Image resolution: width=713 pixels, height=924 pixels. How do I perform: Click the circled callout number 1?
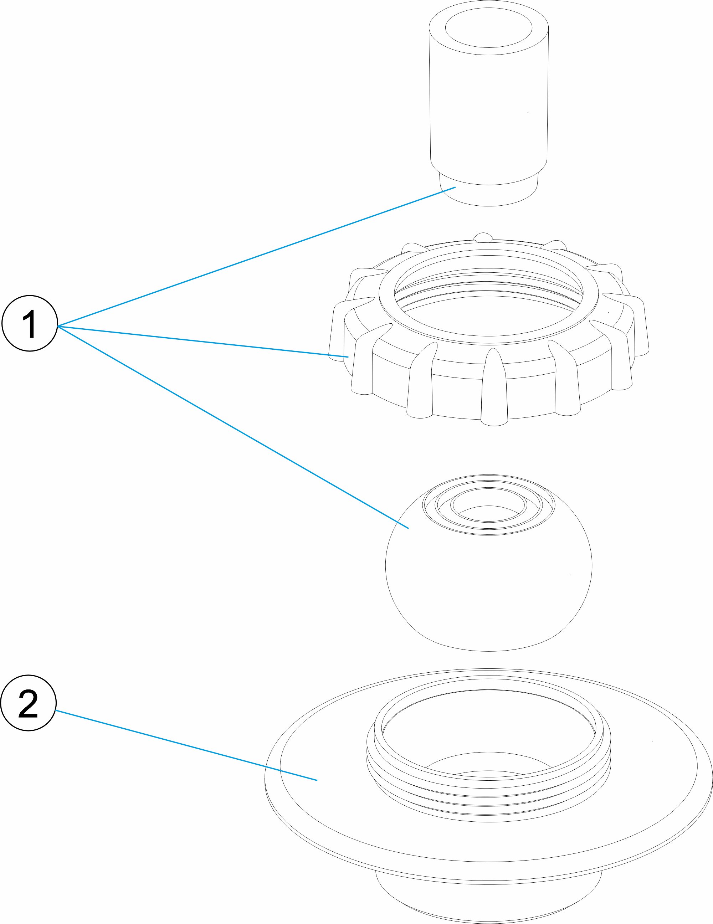tap(30, 323)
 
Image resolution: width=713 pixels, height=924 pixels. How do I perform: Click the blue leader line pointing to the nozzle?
tap(254, 257)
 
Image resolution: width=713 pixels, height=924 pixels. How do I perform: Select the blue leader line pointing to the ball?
tap(233, 427)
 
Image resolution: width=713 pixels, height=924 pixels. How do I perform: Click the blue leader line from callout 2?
tap(186, 745)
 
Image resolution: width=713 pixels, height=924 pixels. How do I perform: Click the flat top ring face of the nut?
tap(489, 338)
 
